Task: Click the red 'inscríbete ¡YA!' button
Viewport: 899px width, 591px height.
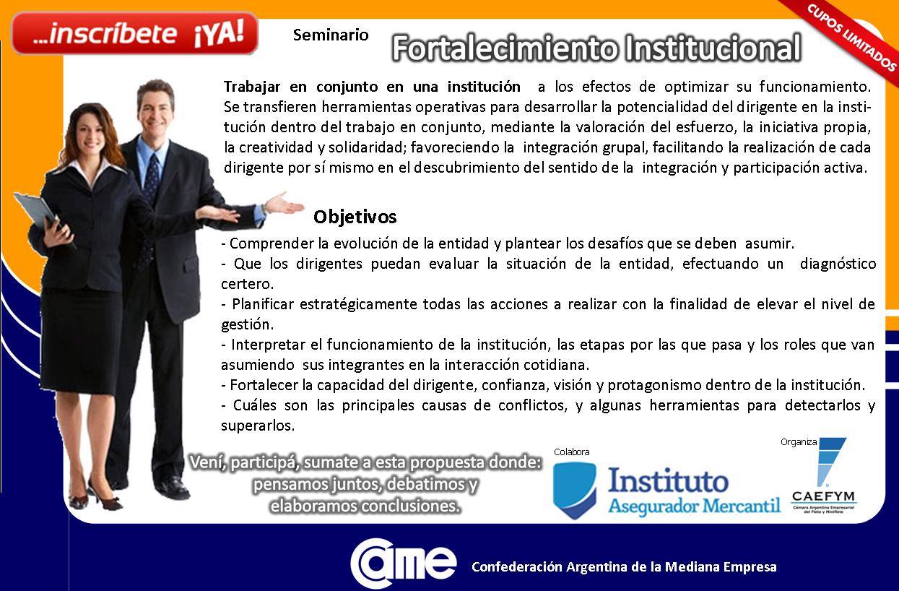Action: coord(135,34)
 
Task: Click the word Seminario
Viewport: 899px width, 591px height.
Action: coord(331,35)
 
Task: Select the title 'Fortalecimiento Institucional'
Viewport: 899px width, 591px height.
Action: coord(596,48)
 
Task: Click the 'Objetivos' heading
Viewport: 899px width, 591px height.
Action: coord(355,217)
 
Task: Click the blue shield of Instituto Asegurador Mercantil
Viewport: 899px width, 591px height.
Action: coord(574,491)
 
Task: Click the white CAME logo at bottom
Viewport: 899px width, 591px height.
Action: coord(403,563)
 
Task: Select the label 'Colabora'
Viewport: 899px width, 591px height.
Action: coord(571,452)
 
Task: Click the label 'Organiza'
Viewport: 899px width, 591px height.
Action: coord(799,442)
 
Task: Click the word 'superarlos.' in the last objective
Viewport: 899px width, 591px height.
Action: coord(258,426)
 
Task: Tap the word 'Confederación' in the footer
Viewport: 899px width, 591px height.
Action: coord(517,567)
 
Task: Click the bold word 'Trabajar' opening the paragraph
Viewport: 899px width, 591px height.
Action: coord(252,87)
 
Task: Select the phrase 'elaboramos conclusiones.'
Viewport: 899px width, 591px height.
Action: coord(365,506)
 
